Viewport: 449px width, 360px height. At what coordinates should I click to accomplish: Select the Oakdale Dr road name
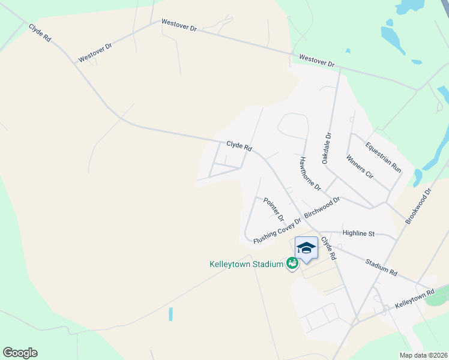327,149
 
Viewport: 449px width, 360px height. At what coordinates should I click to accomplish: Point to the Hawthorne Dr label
310,173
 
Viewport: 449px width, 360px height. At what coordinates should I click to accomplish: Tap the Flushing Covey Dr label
277,231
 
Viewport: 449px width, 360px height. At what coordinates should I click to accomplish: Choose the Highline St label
358,233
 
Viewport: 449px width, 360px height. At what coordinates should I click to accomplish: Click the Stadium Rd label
381,268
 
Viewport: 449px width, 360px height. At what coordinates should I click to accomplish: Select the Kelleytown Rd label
415,298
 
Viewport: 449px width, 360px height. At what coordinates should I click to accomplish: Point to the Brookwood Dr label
418,207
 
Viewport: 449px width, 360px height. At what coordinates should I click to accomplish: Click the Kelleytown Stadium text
246,264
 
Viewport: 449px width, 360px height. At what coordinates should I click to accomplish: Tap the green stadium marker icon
292,263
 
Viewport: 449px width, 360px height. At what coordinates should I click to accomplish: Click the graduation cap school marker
306,248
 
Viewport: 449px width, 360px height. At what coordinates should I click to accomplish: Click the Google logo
20,353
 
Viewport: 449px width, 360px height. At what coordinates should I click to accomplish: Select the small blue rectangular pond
170,314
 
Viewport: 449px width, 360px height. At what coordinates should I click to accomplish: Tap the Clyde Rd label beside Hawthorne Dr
239,145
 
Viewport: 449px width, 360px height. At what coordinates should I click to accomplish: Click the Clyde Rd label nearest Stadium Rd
328,248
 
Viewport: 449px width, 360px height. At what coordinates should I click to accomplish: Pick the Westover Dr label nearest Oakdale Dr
316,61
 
